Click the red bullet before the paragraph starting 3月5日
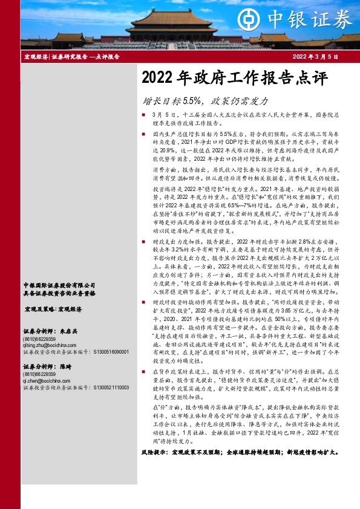(143, 114)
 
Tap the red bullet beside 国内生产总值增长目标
(143, 132)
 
